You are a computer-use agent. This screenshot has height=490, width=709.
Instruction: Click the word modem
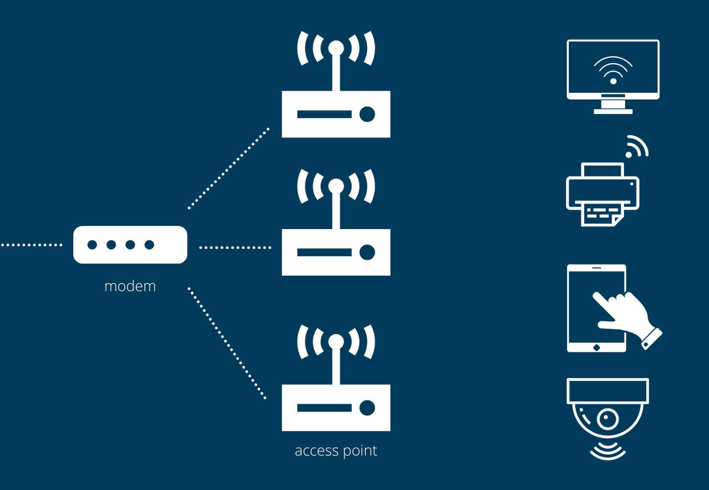130,286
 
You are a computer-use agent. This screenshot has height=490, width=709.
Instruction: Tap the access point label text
336,451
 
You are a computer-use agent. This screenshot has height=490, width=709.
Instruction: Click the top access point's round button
367,114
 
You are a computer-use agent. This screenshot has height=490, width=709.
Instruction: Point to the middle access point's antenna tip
336,187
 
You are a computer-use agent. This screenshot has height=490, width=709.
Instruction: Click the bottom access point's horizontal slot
324,408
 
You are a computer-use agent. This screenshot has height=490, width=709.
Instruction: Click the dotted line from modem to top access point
228,168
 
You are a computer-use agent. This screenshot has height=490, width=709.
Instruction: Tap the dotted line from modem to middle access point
235,247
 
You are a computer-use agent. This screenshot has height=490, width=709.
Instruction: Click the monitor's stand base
613,110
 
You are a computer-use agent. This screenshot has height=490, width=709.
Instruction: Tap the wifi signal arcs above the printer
636,147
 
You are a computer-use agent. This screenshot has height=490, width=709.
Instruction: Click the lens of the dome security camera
607,420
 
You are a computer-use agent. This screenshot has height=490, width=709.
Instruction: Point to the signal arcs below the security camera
608,452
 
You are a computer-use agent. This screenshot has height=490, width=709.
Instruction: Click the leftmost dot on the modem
92,244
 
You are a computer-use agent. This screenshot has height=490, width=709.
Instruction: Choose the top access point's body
336,114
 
